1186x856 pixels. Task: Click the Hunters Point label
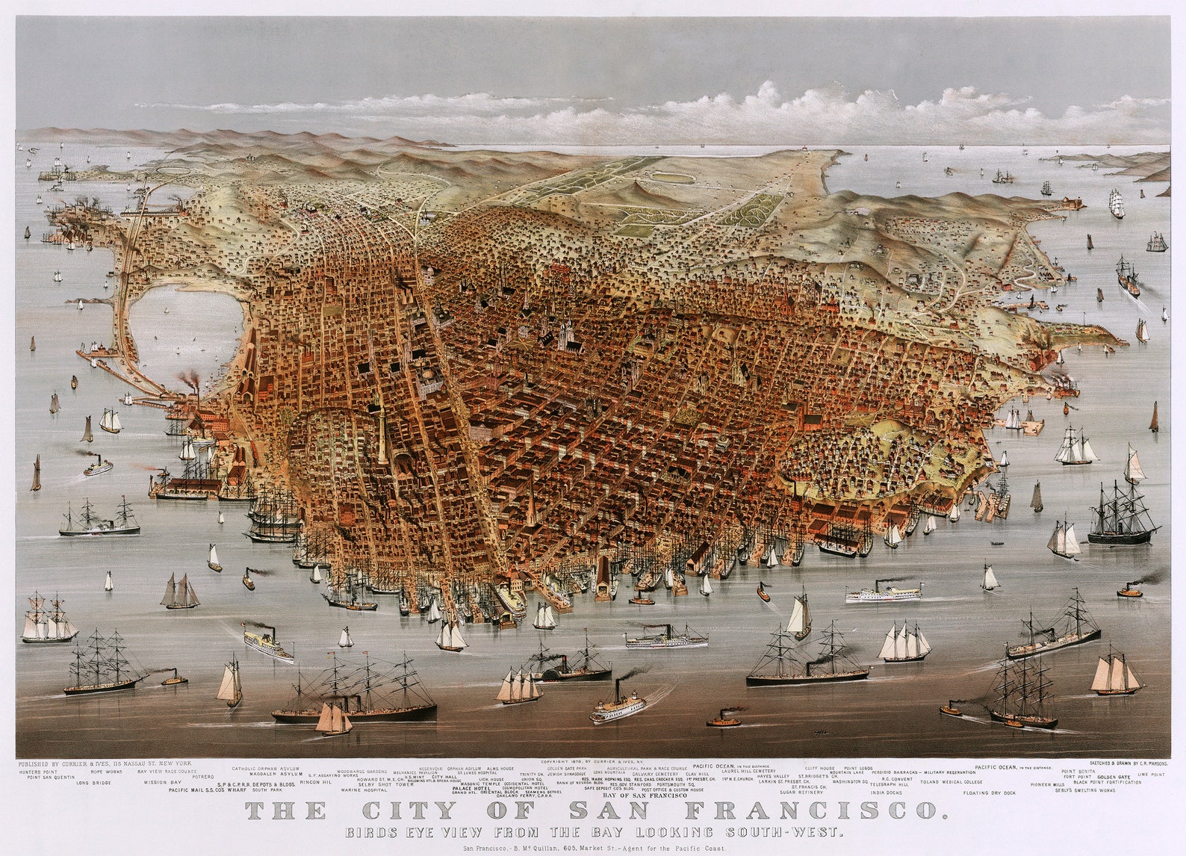pos(38,772)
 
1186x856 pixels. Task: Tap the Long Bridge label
pos(93,783)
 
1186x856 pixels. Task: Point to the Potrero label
pos(202,777)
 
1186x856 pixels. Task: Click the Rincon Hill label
pos(315,783)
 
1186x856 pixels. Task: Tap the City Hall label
pos(444,777)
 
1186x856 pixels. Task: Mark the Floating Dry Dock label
pos(990,793)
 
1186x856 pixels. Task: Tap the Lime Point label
pos(1151,775)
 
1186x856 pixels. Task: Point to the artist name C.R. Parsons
pos(1149,764)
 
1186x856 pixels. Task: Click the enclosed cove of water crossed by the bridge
pos(183,329)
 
